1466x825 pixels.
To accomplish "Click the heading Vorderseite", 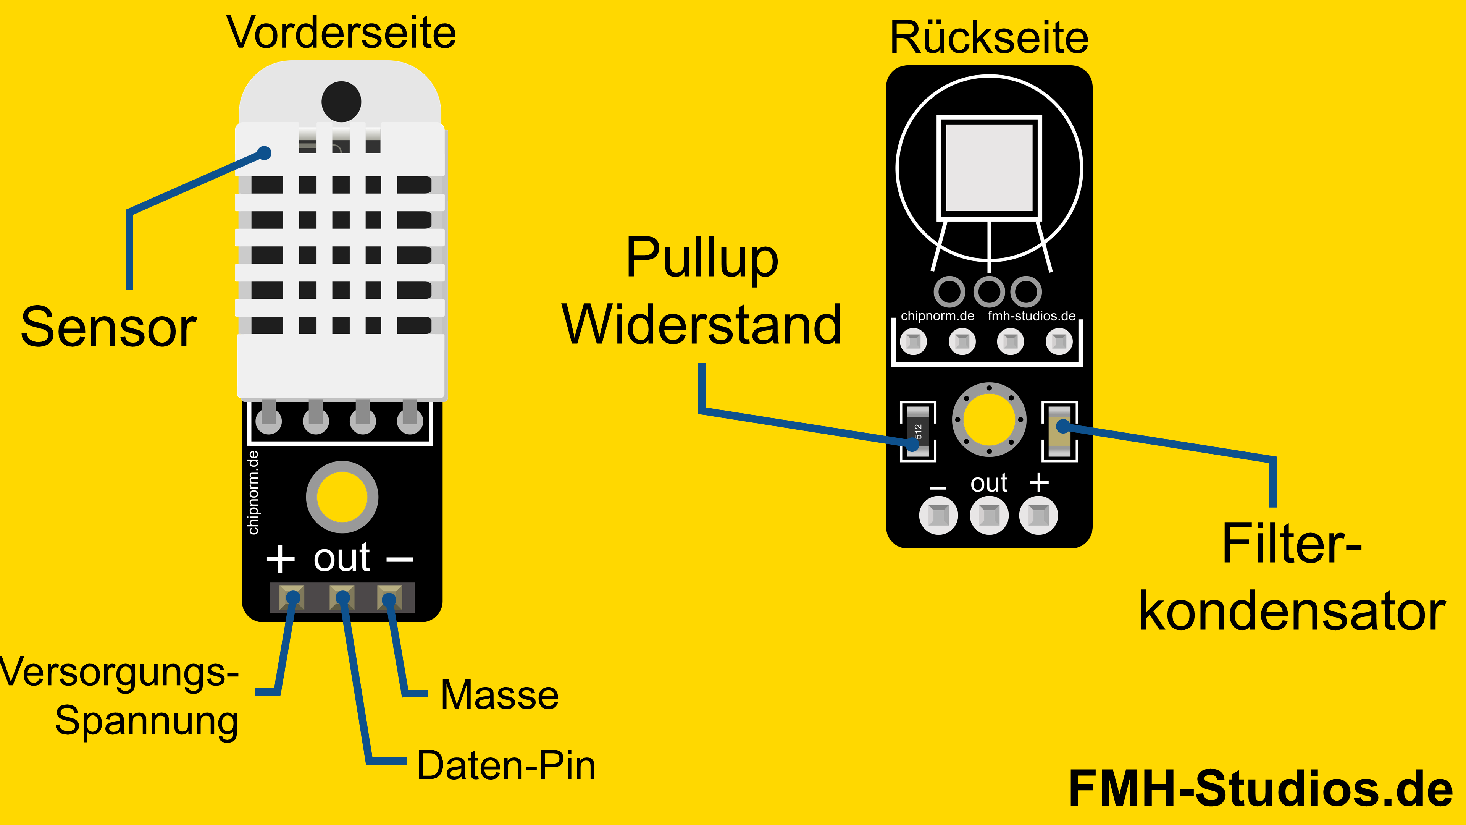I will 341,32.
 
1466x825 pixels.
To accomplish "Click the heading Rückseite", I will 989,37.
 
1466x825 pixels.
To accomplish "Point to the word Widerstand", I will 701,325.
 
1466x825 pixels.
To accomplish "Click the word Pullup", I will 701,257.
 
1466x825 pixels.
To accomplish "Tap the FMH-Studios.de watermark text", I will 1261,789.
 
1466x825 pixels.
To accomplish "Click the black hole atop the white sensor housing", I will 341,101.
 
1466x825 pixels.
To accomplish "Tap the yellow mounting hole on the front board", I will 342,497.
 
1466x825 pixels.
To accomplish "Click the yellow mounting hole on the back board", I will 989,420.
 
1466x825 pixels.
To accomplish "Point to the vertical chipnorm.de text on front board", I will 253,492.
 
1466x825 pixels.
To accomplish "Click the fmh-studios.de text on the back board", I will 1031,316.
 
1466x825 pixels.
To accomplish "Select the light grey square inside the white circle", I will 989,168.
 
